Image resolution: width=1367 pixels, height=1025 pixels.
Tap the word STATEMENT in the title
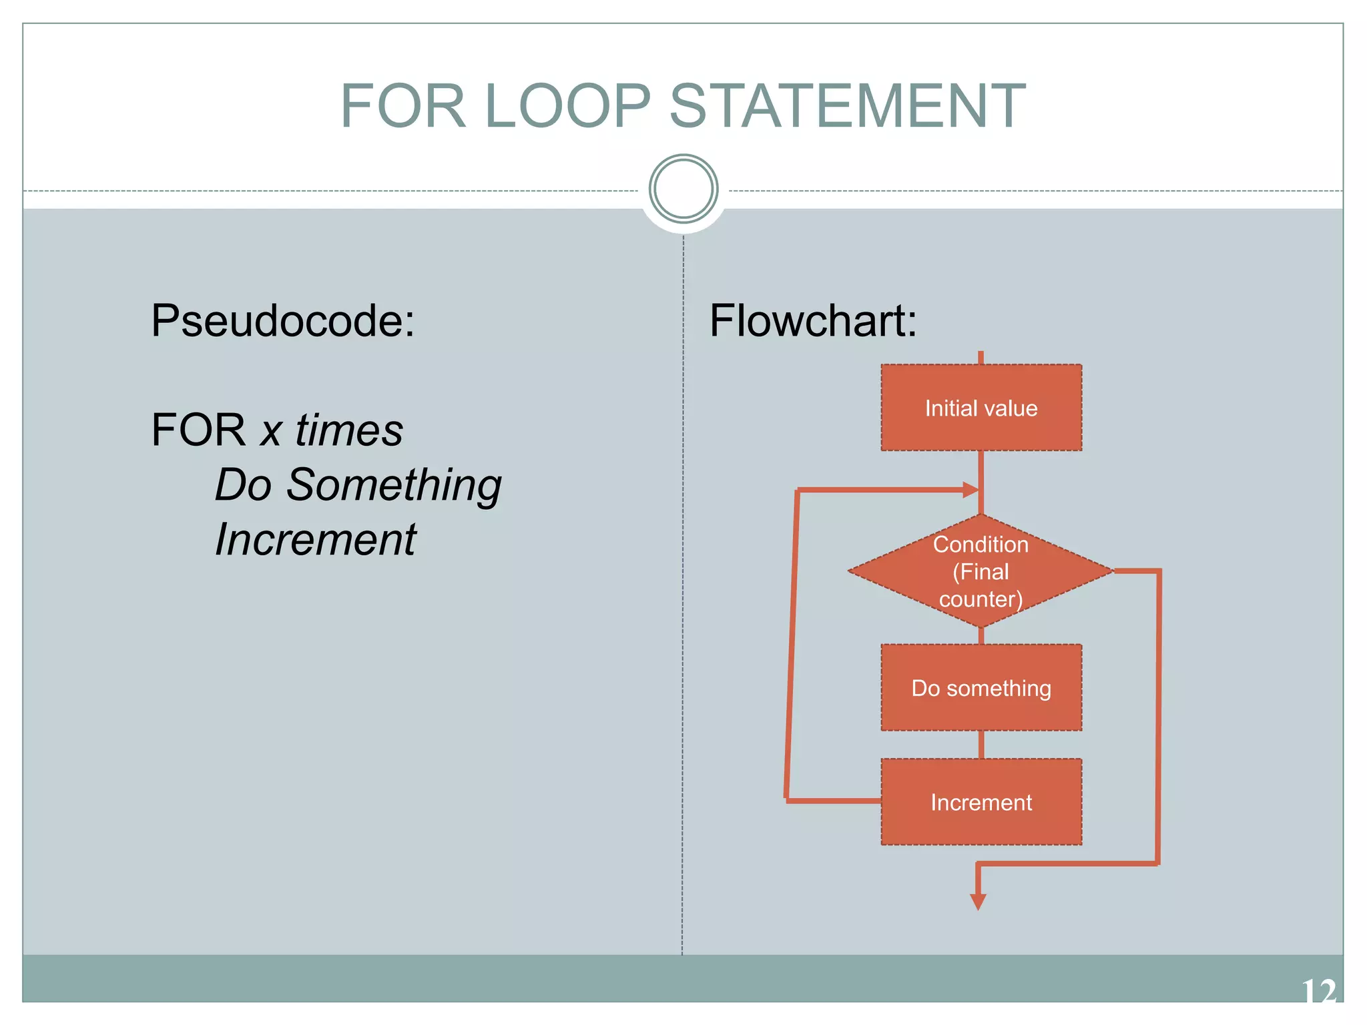tap(847, 107)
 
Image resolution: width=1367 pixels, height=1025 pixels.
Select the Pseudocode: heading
tap(283, 321)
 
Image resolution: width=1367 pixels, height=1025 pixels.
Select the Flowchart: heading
tap(813, 321)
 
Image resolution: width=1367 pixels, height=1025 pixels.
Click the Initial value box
tap(981, 408)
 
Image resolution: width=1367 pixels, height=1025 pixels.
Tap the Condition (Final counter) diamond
tap(981, 571)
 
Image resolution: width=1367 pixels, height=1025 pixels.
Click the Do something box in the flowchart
tap(981, 688)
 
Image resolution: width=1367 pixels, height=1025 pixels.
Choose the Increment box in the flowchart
tap(981, 802)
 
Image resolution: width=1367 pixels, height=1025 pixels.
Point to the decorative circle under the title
tap(683, 189)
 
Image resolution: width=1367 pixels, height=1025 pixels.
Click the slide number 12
tap(1318, 992)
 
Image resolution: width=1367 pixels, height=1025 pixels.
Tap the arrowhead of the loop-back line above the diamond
tap(971, 490)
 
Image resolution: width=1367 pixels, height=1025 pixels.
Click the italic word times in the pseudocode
tap(349, 430)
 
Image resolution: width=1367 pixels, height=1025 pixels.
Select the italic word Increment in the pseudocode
tap(316, 539)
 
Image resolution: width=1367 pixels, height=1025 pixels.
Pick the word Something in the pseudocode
tap(394, 485)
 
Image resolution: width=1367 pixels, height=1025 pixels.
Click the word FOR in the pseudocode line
tap(198, 430)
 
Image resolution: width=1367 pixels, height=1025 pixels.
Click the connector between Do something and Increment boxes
tap(981, 745)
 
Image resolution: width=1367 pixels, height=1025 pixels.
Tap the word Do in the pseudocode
tap(243, 484)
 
